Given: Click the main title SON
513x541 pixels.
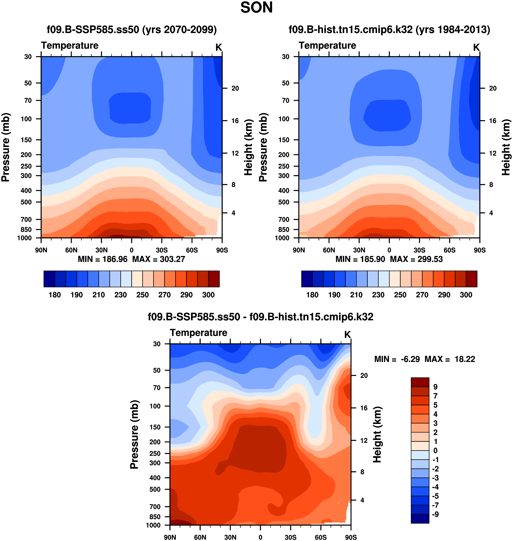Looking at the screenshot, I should click(256, 8).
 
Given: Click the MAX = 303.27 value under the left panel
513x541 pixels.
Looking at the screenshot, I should click(159, 259).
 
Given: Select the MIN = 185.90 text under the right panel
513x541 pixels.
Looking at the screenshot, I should click(360, 259).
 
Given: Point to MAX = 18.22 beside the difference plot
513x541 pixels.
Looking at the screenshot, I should click(450, 359).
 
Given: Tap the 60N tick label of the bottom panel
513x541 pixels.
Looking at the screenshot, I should click(200, 537).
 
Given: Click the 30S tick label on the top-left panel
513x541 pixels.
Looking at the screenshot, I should click(162, 250).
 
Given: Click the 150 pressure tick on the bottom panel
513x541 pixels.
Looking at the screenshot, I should click(155, 427).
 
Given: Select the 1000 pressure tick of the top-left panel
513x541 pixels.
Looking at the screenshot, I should click(24, 238).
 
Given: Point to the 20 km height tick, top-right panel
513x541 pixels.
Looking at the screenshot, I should click(493, 88).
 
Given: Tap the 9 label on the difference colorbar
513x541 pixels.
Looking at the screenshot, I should click(435, 387).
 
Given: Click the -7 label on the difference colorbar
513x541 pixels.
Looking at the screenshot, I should click(435, 505).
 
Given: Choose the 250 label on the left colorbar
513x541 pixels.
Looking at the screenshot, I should click(143, 295).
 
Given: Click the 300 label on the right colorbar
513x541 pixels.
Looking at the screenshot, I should click(466, 295).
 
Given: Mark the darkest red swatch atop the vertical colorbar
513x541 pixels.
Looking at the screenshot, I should click(420, 382).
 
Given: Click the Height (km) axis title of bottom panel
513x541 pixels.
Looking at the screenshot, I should click(377, 435).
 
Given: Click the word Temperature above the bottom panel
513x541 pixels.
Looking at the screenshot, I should click(199, 333).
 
